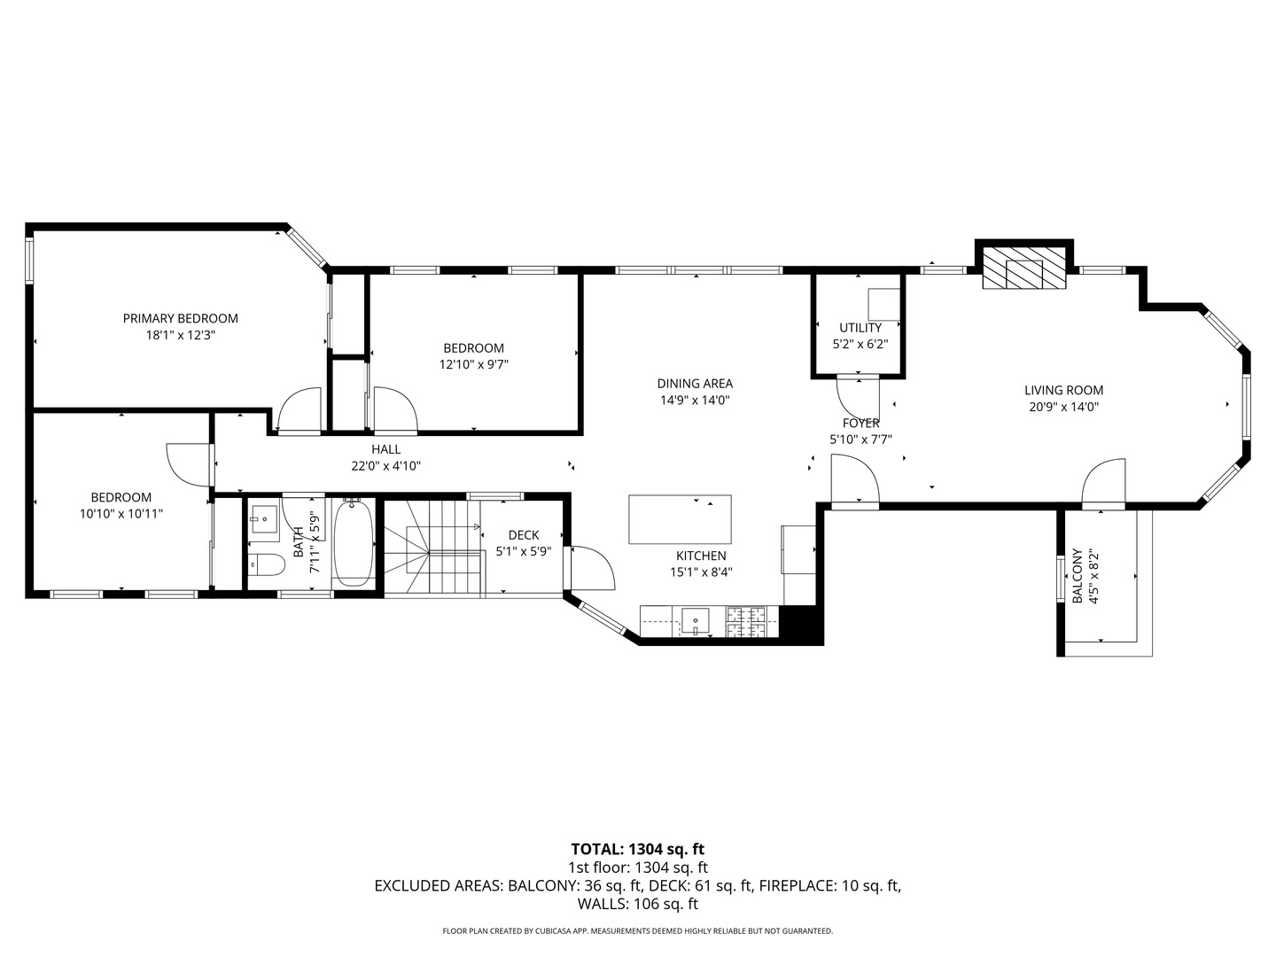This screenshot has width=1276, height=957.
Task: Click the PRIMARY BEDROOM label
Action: click(x=180, y=318)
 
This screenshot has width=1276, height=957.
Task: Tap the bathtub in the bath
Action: click(x=354, y=541)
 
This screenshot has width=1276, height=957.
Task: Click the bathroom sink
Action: click(x=264, y=516)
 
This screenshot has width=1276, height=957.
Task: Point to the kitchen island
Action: click(x=680, y=519)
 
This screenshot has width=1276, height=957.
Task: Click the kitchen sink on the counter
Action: click(x=695, y=622)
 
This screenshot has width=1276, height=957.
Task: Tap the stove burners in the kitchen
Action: click(x=746, y=620)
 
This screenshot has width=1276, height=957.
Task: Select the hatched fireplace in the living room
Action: click(x=1024, y=268)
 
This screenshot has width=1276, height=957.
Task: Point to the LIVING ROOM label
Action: click(x=1064, y=391)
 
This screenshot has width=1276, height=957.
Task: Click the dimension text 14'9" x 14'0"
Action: click(x=695, y=400)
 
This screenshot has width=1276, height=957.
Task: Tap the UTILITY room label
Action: click(x=860, y=328)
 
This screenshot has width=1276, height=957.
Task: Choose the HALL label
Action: click(x=386, y=449)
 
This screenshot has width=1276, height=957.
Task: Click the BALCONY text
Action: click(x=1078, y=576)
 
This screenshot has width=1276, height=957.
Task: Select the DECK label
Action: click(x=524, y=535)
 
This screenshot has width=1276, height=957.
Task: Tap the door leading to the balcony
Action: click(x=1103, y=485)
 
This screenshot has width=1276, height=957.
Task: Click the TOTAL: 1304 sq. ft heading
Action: click(x=638, y=850)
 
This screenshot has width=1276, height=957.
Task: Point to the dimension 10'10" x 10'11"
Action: click(x=121, y=514)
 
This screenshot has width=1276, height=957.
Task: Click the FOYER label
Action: click(x=861, y=423)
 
